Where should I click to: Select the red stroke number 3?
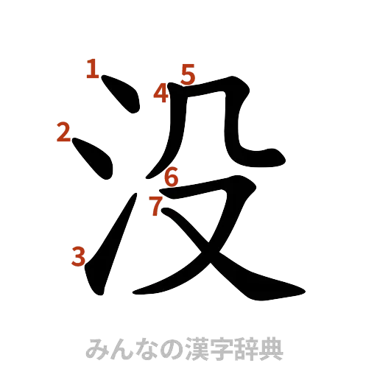pyautogui.click(x=78, y=256)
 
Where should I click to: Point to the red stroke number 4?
pyautogui.click(x=161, y=94)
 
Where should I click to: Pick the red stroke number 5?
pyautogui.click(x=188, y=74)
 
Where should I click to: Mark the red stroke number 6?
pyautogui.click(x=171, y=177)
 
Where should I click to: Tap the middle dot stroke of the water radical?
pyautogui.click(x=94, y=155)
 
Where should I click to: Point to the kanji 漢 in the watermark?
pyautogui.click(x=195, y=348)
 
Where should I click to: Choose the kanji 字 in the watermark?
pyautogui.click(x=220, y=348)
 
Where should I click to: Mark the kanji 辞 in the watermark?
pyautogui.click(x=245, y=348)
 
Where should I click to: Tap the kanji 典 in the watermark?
pyautogui.click(x=270, y=348)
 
